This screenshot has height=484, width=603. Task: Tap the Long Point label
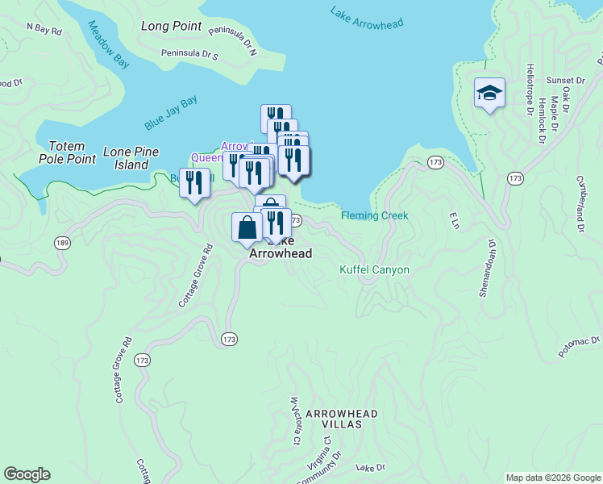(171, 26)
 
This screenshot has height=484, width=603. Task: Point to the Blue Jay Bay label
(171, 113)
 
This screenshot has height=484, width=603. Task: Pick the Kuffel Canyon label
(374, 269)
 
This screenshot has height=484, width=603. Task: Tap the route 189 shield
(61, 242)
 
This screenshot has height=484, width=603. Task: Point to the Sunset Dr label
(565, 81)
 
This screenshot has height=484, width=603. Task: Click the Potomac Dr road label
(580, 347)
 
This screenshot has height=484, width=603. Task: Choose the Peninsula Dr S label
(189, 55)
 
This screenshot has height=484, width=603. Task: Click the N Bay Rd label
(44, 29)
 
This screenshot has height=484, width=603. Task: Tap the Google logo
(27, 474)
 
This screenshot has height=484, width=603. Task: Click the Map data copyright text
(553, 478)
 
